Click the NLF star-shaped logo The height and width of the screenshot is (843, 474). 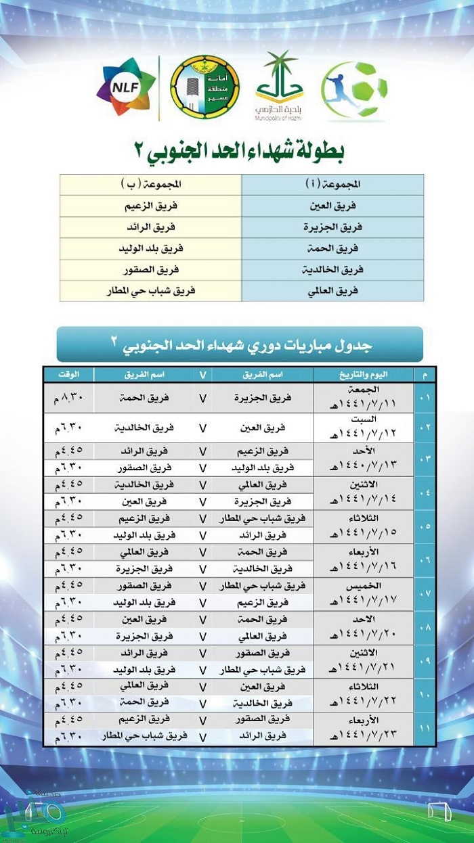[126, 87]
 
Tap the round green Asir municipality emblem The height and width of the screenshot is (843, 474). [204, 87]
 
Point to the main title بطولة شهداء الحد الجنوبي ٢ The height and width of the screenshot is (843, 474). [241, 150]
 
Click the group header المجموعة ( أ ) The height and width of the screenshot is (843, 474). [332, 185]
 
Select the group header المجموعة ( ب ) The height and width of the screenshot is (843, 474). [150, 185]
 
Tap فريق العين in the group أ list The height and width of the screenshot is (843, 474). [332, 206]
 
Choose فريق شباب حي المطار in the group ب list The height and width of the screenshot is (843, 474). [150, 290]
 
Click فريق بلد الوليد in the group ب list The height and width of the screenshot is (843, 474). [150, 248]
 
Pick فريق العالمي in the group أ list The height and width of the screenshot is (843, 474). [332, 290]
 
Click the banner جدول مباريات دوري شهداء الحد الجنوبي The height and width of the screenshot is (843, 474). [240, 345]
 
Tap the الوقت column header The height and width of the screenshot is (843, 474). [68, 375]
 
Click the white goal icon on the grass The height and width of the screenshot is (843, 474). [439, 811]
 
